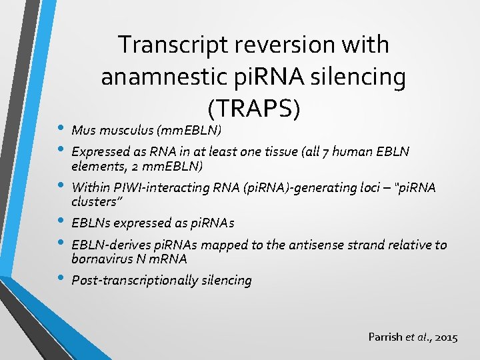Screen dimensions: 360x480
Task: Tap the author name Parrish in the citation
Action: [x=385, y=337]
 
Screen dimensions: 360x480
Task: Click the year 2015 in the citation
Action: [x=445, y=337]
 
